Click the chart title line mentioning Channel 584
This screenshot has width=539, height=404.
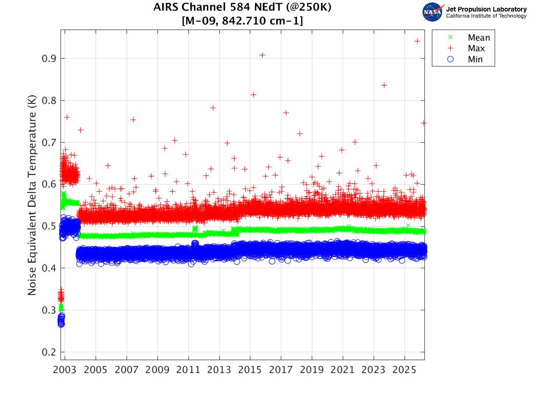[242, 8]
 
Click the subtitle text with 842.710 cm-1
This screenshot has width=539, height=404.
[242, 21]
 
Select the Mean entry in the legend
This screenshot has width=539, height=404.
[478, 37]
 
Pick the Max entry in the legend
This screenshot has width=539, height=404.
[476, 48]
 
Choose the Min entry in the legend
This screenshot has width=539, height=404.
[475, 59]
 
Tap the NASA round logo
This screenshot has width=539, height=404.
[432, 12]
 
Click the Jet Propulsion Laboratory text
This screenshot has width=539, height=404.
[486, 9]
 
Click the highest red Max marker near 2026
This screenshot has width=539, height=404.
[417, 41]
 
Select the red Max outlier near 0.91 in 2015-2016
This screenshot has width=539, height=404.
[262, 55]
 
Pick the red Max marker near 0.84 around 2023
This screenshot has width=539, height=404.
[384, 85]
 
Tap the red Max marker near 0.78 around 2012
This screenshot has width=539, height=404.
[213, 108]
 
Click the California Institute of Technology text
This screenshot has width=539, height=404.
[486, 16]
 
